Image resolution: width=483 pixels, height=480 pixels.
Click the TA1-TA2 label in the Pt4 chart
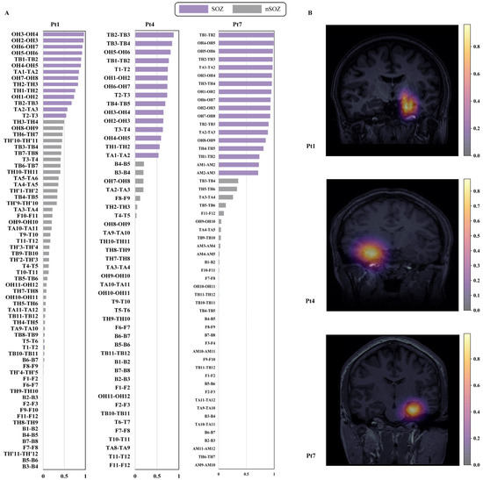(x=119, y=154)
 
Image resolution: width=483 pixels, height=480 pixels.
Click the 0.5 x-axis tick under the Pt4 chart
(x=155, y=475)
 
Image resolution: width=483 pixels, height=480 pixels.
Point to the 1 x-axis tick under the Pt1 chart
(x=84, y=475)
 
